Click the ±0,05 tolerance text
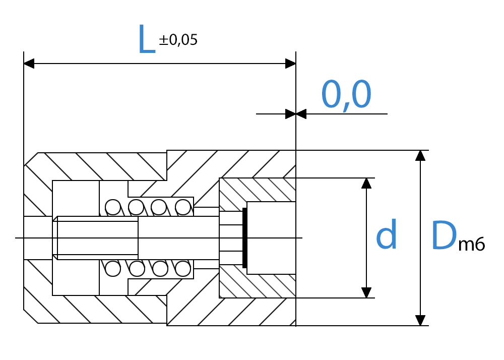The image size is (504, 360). [x=178, y=40]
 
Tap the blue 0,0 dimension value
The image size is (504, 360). [x=346, y=95]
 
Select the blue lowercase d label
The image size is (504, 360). [x=387, y=234]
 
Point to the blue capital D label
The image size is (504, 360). [x=444, y=235]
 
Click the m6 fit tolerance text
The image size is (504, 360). [x=472, y=244]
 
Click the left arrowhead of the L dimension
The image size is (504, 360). [x=29, y=64]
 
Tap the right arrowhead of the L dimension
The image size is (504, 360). [x=291, y=64]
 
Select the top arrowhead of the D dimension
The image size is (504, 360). [x=420, y=156]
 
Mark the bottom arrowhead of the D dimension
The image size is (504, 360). [x=420, y=321]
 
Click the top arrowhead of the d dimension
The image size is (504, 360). [x=366, y=183]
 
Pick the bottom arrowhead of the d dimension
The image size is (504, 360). [x=366, y=292]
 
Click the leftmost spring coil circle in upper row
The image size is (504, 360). [x=113, y=207]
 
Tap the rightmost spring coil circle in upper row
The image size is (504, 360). [x=183, y=207]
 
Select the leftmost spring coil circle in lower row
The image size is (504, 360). [x=113, y=269]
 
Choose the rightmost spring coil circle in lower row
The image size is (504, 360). [x=183, y=269]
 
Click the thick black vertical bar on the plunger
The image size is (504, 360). [x=244, y=238]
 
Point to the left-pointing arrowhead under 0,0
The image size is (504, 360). [x=301, y=114]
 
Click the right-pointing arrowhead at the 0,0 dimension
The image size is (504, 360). [x=291, y=114]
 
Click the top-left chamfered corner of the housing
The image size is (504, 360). [x=31, y=159]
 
